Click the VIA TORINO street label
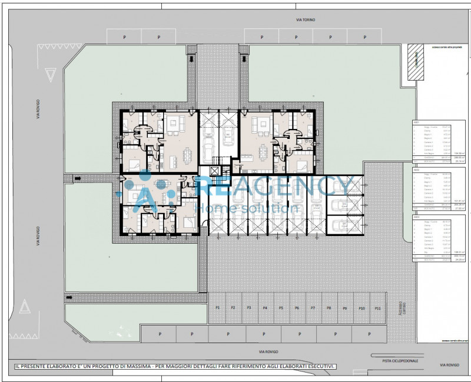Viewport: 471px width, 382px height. coord(306,20)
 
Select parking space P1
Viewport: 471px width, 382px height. coord(217,308)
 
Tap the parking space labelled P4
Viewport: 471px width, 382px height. coord(265,308)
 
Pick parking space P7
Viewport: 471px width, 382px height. coord(313,308)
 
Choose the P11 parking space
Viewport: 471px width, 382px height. coord(377,308)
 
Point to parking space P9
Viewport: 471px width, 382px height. coord(344,308)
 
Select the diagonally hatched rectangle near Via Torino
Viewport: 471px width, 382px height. coord(416,61)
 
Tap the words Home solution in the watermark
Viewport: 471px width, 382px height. coord(247,209)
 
